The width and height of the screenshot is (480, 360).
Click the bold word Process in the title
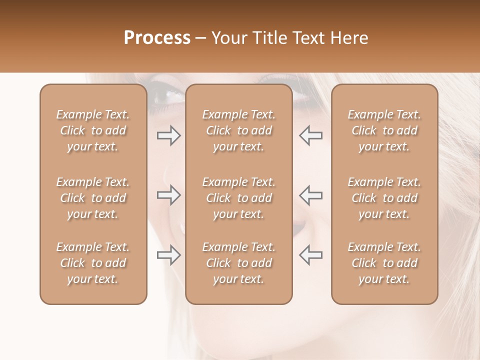point(157,38)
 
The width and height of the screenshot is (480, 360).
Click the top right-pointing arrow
point(169,135)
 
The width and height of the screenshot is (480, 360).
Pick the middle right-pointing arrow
point(169,195)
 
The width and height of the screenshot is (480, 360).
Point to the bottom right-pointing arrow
point(169,254)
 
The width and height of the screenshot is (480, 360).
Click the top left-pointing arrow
point(311,135)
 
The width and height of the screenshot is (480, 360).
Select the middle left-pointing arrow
point(311,195)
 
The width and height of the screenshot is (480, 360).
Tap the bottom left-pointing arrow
point(311,254)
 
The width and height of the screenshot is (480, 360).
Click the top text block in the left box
point(93,130)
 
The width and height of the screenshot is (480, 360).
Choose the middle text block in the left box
point(93,198)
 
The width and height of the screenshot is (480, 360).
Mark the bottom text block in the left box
point(93,263)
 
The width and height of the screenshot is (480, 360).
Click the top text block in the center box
point(238,130)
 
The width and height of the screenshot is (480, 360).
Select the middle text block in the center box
point(238,198)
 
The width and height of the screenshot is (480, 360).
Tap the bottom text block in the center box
point(238,263)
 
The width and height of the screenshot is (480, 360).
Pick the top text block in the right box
point(384,130)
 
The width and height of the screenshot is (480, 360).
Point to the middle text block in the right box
point(384,198)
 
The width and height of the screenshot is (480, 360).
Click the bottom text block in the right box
point(384,263)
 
